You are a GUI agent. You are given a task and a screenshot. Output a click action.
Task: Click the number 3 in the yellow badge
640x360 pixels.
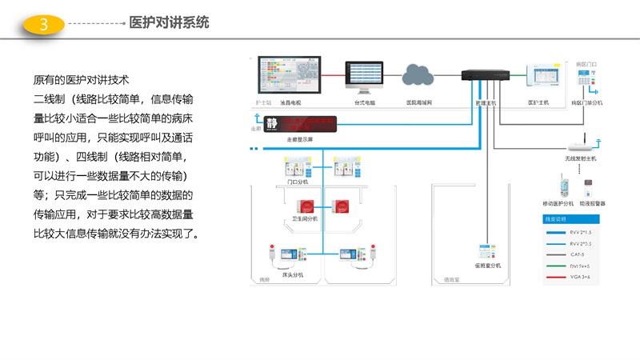pyautogui.click(x=44, y=25)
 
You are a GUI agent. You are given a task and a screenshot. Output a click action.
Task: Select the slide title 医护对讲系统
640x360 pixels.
pyautogui.click(x=170, y=23)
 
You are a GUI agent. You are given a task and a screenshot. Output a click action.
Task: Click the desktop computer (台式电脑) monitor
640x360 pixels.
pyautogui.click(x=365, y=78)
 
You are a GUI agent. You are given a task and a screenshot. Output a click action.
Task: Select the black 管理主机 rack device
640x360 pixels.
pyautogui.click(x=486, y=76)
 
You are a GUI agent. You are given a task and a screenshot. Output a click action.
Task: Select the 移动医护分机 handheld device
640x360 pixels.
pyautogui.click(x=565, y=189)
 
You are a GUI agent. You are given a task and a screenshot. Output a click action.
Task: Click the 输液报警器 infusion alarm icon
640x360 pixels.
pyautogui.click(x=588, y=189)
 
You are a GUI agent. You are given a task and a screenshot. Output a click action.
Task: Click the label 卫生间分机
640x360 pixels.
pyautogui.click(x=302, y=218)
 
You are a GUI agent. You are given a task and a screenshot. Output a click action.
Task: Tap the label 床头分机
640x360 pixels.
pyautogui.click(x=293, y=274)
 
